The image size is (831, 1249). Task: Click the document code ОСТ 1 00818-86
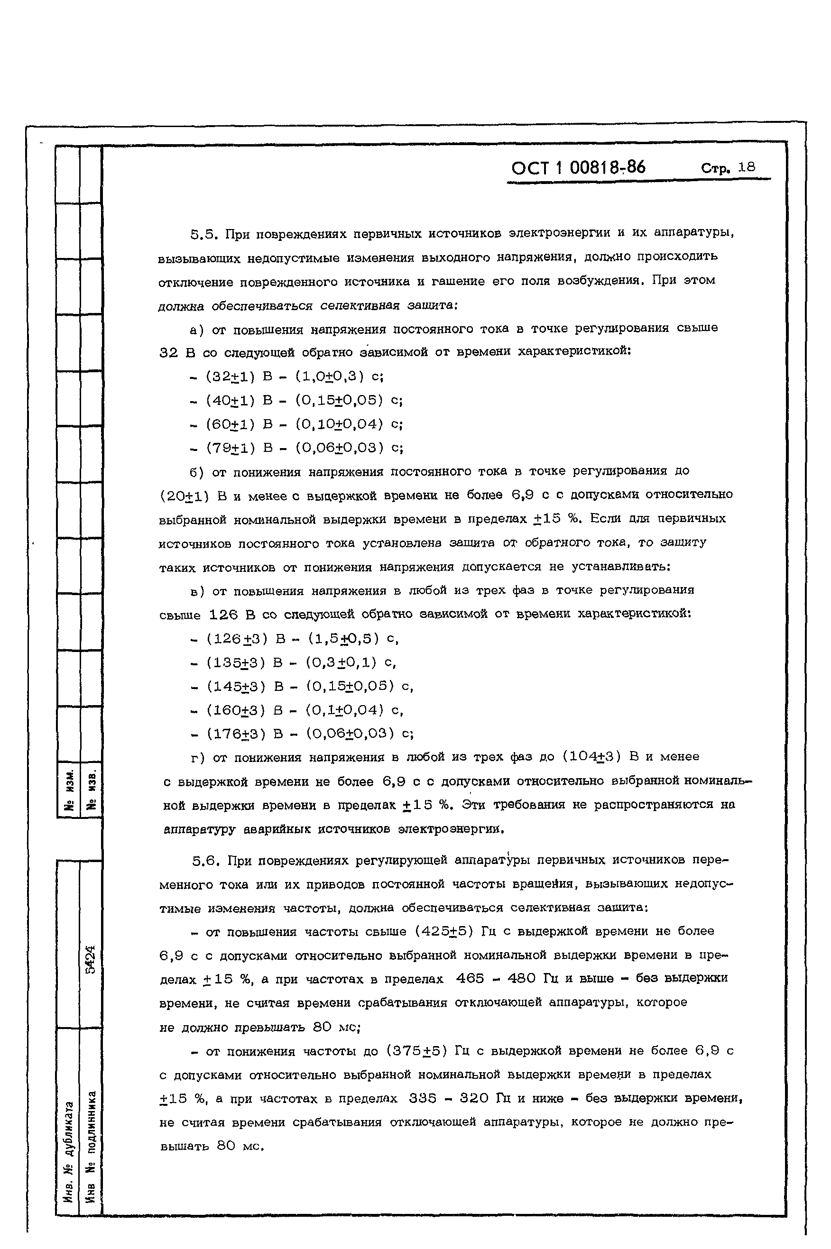coord(578,168)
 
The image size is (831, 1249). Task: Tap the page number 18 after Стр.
coord(747,167)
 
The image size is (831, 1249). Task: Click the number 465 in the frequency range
coord(470,978)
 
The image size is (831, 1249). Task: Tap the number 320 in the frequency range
coord(474,1098)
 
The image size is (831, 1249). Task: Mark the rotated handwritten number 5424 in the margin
coord(91,959)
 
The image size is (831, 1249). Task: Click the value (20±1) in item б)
coord(185,496)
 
